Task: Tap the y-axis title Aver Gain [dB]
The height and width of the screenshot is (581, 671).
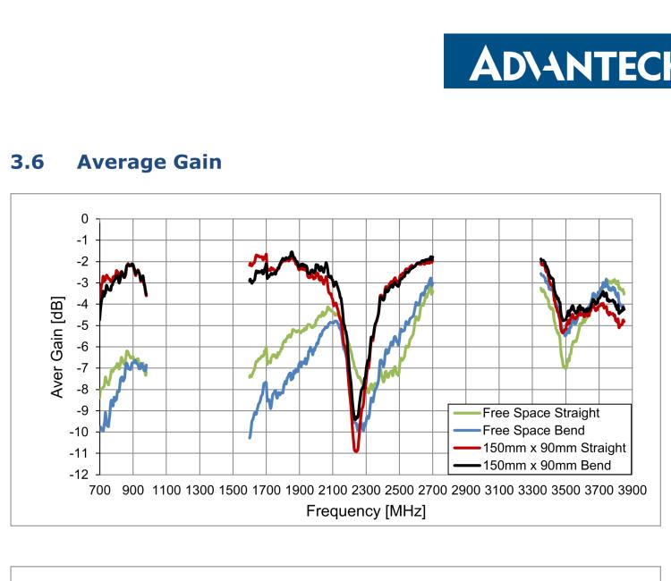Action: click(x=59, y=346)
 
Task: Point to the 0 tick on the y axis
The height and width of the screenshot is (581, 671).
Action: click(x=84, y=219)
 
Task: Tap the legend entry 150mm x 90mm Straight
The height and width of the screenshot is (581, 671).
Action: click(x=552, y=447)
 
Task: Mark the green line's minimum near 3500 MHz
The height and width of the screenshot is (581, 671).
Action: click(x=565, y=367)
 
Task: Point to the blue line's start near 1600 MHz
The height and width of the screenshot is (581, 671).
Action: click(x=250, y=437)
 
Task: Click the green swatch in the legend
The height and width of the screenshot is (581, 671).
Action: click(x=466, y=413)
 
